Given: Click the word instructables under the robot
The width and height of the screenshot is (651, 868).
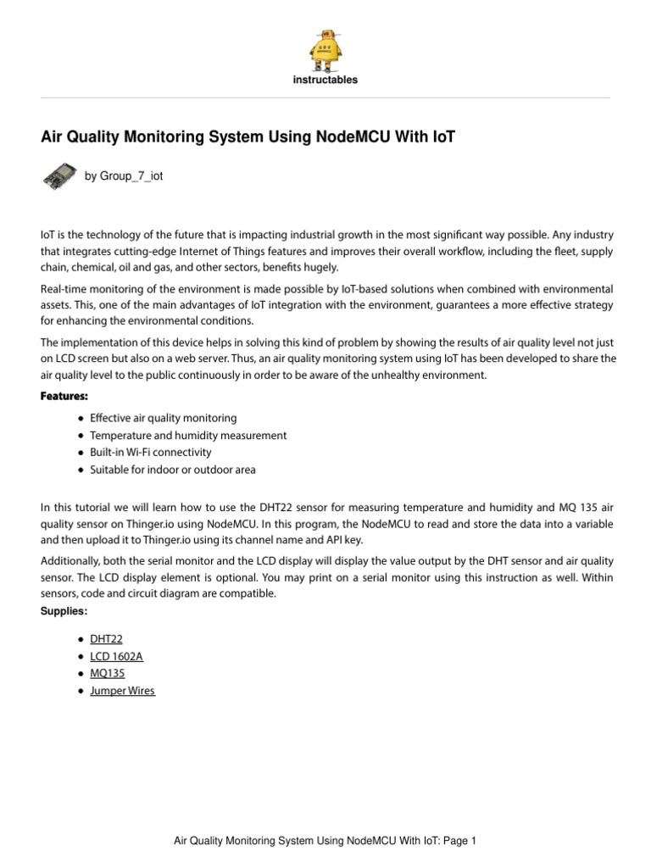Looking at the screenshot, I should [x=325, y=81].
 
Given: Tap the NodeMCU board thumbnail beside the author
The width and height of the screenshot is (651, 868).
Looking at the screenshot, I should [x=58, y=175].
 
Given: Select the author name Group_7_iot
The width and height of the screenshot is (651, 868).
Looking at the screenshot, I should [x=124, y=176].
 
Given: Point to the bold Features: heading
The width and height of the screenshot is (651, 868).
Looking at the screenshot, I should [x=64, y=397].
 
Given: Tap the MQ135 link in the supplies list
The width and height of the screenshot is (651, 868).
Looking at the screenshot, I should [x=108, y=674].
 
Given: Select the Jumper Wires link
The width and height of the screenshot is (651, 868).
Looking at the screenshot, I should [x=123, y=691].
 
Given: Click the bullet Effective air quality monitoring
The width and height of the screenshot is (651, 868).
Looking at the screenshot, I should [x=163, y=418].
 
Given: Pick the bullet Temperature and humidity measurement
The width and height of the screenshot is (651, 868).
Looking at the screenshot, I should [x=188, y=435].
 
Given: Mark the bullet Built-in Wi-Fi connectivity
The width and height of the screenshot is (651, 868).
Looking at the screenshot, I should [x=150, y=452].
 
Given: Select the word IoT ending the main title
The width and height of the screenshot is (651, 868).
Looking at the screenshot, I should [x=444, y=136].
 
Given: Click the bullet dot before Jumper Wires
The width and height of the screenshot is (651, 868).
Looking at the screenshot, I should [x=80, y=692].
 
